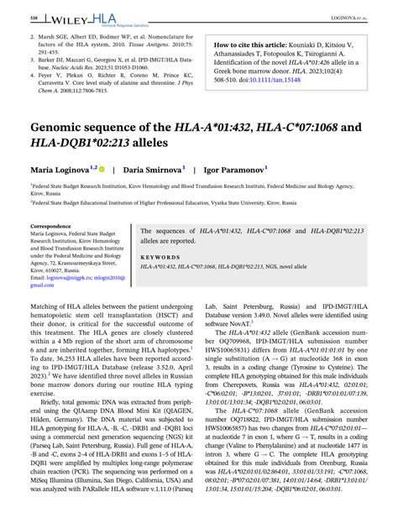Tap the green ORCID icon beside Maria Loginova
[102, 170]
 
